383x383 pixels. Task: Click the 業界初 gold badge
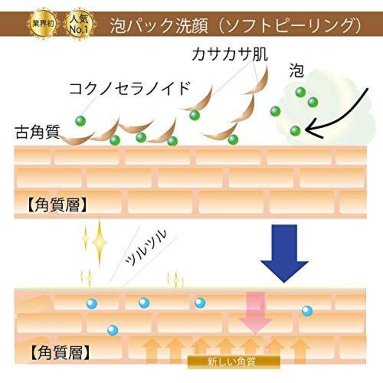pyautogui.click(x=42, y=24)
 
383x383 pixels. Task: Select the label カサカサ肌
pyautogui.click(x=230, y=55)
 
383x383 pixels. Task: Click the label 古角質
pyautogui.click(x=37, y=132)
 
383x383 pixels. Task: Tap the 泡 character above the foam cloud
pyautogui.click(x=296, y=71)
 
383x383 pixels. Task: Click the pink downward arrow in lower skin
pyautogui.click(x=255, y=313)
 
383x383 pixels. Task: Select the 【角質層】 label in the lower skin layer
pyautogui.click(x=60, y=352)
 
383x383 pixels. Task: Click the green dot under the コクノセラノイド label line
pyautogui.click(x=80, y=121)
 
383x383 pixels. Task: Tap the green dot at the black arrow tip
pyautogui.click(x=295, y=130)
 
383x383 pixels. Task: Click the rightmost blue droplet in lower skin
pyautogui.click(x=307, y=311)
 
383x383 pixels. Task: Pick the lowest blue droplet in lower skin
pyautogui.click(x=113, y=330)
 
